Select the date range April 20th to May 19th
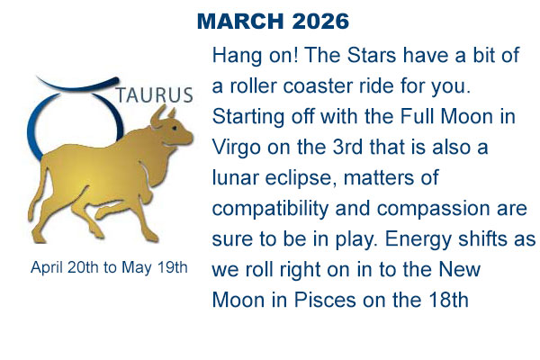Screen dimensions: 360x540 tap(109, 267)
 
